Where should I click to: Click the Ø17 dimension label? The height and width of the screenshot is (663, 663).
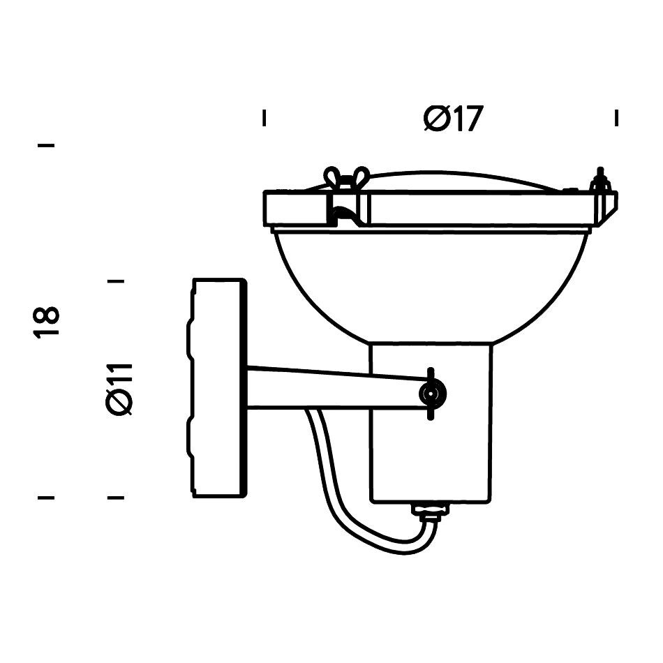click(453, 119)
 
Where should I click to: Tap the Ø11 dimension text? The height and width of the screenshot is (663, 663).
click(120, 389)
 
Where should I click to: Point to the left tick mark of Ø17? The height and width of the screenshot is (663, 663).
click(264, 118)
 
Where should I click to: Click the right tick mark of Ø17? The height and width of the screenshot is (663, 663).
click(616, 118)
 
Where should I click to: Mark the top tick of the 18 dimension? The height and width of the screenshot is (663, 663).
click(46, 146)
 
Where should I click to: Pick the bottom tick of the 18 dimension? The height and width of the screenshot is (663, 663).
click(46, 498)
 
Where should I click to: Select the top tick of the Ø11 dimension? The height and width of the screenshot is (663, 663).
click(116, 281)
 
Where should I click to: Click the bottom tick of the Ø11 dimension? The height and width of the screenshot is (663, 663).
click(116, 498)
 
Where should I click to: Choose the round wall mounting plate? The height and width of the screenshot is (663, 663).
click(218, 388)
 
